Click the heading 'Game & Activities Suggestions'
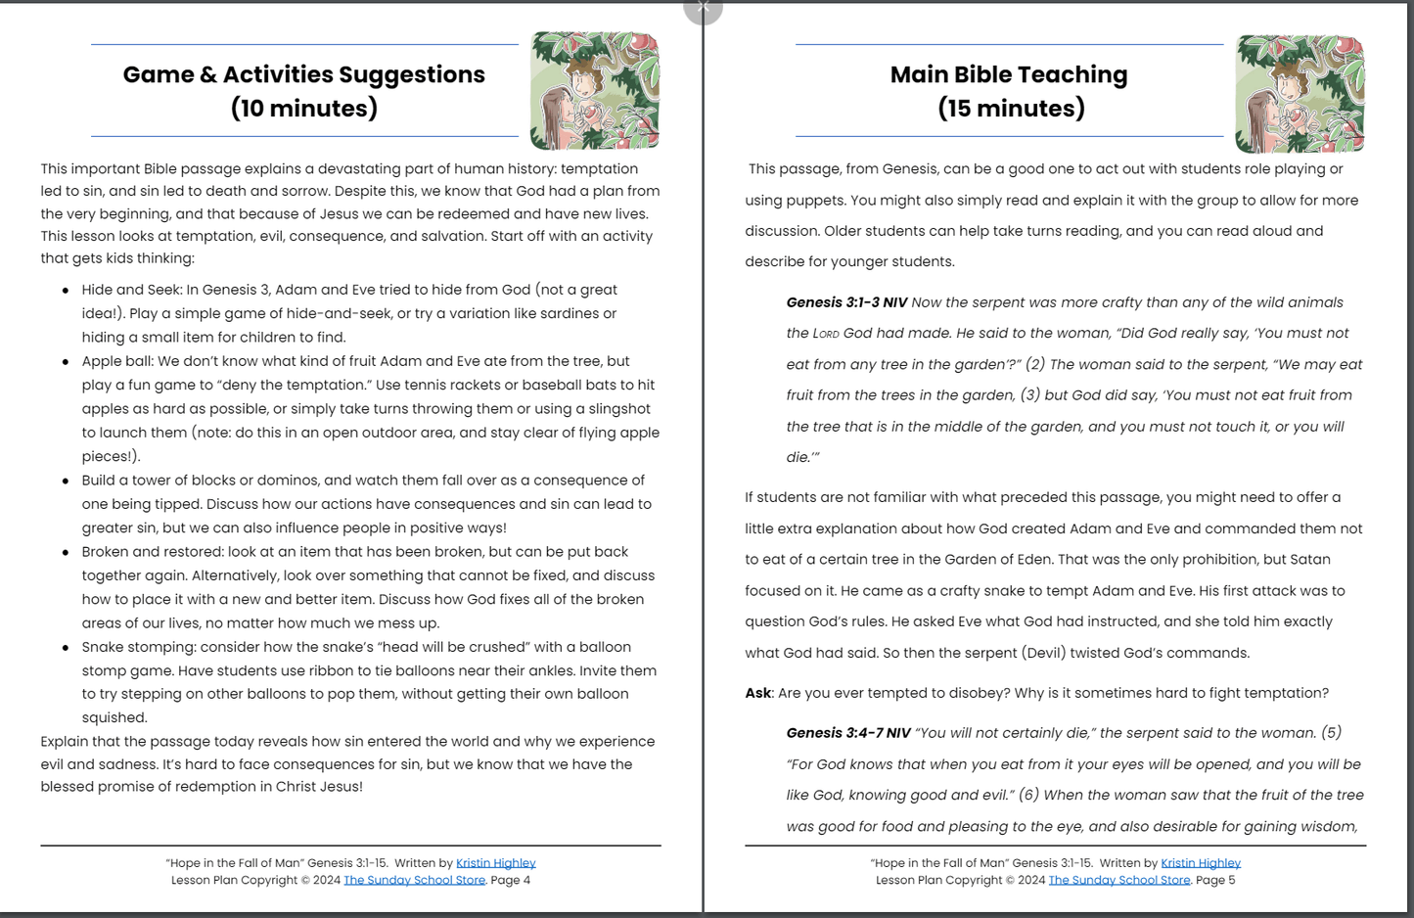point(303,74)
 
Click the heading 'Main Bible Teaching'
point(1008,74)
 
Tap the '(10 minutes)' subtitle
point(303,108)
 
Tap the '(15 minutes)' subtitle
point(1011,108)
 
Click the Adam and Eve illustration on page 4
point(595,90)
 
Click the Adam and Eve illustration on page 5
point(1300,94)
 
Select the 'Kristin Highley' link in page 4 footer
point(495,863)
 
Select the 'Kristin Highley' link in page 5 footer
point(1200,863)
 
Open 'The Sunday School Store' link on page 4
point(414,880)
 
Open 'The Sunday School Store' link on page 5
point(1118,880)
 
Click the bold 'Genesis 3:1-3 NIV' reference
point(846,302)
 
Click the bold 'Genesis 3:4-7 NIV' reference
point(848,733)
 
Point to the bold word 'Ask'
point(757,693)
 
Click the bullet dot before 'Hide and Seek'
point(66,291)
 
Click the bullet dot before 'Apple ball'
point(66,362)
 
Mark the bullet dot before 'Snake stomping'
point(66,648)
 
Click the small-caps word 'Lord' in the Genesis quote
point(826,334)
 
